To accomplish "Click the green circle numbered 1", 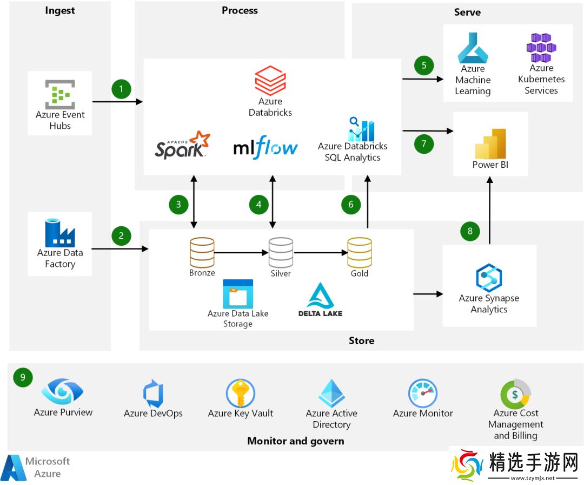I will (122, 89).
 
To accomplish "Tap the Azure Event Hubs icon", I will (60, 94).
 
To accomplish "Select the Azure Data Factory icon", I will (60, 233).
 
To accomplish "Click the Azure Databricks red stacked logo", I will (270, 80).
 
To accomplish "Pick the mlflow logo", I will (266, 148).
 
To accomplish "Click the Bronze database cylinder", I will (202, 253).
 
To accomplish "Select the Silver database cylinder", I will (281, 253).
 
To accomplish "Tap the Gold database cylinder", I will (359, 253).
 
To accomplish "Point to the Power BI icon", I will (490, 143).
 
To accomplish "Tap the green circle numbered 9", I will (23, 377).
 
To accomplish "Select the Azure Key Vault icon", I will (240, 393).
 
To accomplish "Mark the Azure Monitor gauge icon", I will (422, 394).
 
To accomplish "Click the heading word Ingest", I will (59, 11).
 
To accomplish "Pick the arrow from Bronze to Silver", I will (241, 252).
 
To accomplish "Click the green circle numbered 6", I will (351, 204).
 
